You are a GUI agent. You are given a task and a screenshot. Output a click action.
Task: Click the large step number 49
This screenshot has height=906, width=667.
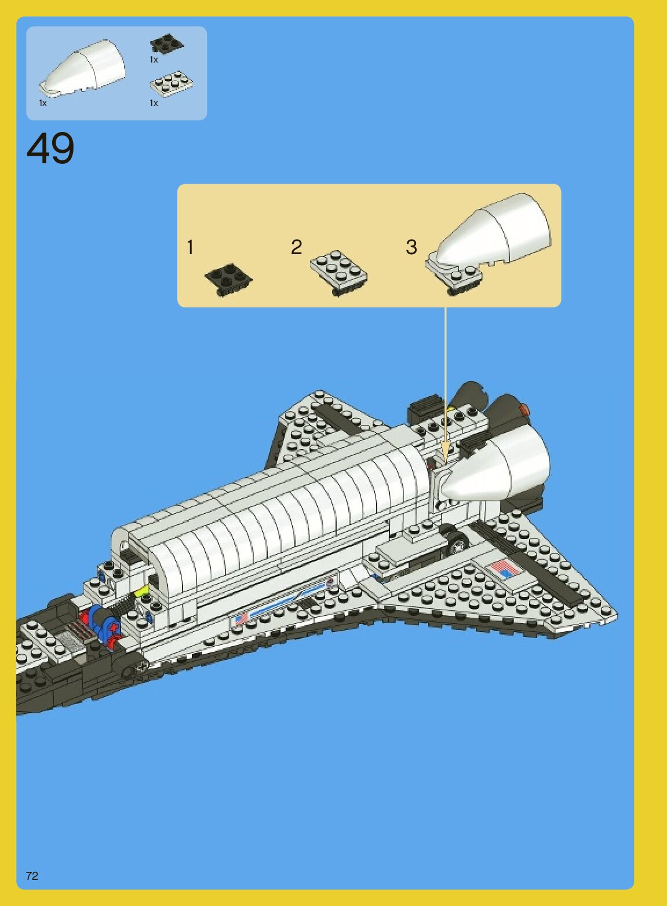tap(50, 148)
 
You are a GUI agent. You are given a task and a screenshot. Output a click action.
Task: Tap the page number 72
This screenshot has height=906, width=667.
tap(32, 875)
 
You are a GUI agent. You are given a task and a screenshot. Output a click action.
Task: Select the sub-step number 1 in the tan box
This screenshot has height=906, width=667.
tap(190, 247)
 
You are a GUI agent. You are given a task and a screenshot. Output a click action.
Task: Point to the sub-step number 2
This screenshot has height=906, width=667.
tap(296, 247)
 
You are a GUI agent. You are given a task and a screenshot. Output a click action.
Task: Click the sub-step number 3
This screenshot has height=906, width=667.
tap(411, 247)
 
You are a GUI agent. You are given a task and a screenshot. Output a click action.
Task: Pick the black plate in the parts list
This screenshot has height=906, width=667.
tap(166, 43)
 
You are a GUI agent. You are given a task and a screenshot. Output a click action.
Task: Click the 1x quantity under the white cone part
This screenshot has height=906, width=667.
tap(43, 103)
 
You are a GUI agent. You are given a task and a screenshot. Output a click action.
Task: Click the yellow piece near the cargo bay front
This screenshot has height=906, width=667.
tap(141, 591)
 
